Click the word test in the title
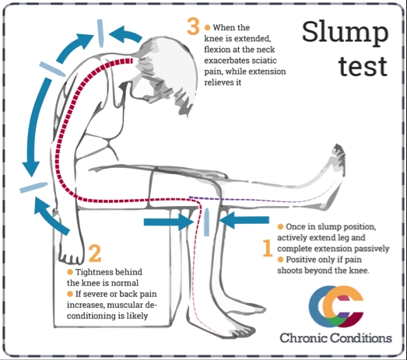coord(363,66)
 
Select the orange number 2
coord(94,253)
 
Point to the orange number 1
coord(267,246)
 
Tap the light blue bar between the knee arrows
coord(206,222)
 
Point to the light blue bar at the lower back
coord(31,186)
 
